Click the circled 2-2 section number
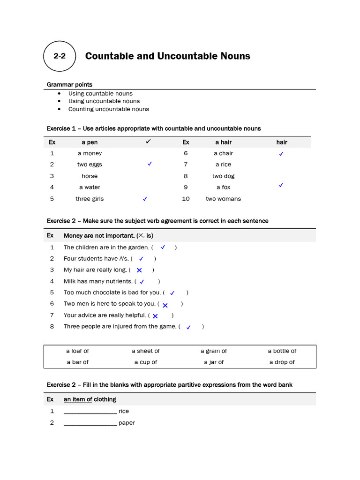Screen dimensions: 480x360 60,56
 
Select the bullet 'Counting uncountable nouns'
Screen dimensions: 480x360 109,109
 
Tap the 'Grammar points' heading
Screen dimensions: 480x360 69,84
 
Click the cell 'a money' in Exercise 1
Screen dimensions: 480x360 90,153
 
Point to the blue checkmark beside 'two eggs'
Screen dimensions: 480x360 150,164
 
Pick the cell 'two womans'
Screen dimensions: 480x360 223,199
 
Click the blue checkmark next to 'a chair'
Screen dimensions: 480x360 281,154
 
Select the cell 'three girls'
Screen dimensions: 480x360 90,199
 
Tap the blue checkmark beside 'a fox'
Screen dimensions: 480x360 281,186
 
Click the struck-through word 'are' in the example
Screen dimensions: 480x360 89,236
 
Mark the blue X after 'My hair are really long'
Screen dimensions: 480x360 139,270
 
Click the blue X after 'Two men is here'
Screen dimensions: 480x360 165,305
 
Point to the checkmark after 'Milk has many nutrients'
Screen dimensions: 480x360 142,282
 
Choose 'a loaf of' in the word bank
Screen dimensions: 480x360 77,351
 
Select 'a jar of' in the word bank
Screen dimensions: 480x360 214,362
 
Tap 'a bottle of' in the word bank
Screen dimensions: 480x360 282,351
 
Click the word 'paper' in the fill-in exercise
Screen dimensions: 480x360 127,423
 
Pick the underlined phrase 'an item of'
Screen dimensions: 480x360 78,399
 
